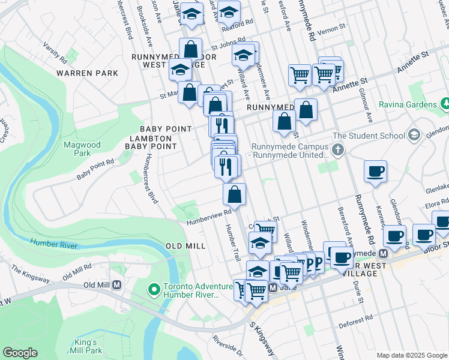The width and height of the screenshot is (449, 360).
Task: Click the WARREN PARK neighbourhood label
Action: [87, 73]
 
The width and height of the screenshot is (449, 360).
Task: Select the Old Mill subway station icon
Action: [117, 284]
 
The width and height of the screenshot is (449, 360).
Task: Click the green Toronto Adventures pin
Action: [154, 290]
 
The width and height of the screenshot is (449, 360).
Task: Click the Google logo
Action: [20, 353]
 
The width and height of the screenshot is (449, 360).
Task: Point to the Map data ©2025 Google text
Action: [412, 355]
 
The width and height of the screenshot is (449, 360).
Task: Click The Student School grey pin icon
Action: [413, 136]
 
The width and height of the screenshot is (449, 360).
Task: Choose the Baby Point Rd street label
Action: [95, 170]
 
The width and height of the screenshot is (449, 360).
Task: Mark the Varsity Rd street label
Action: [54, 52]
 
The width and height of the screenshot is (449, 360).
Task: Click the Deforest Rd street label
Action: [355, 325]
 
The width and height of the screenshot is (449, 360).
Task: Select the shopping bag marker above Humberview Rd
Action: [234, 194]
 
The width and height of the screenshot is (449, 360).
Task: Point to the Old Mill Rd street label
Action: [76, 270]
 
